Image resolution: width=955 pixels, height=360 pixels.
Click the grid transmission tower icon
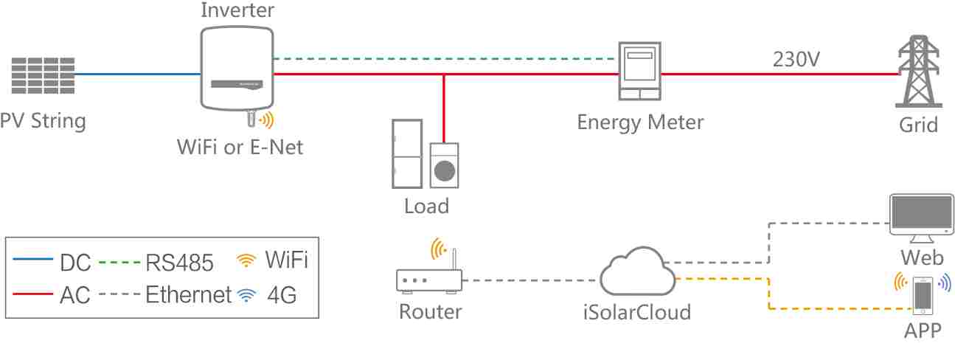tap(917, 74)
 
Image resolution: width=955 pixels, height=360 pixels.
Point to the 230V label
tap(796, 59)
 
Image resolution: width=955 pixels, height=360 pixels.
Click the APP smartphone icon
tap(923, 294)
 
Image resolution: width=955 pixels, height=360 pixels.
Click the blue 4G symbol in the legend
tap(246, 296)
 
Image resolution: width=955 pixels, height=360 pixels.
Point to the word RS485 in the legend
tap(179, 262)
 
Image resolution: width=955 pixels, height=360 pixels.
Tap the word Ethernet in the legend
tap(189, 295)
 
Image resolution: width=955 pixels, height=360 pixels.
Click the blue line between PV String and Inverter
tap(136, 74)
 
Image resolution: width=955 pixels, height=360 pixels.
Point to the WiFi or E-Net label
tap(240, 146)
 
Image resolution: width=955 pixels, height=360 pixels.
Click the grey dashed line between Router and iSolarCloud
tap(529, 280)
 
